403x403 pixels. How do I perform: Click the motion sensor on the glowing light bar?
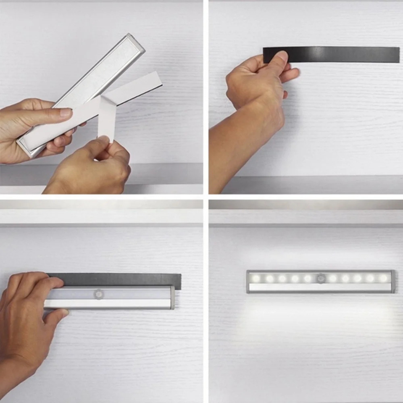320,278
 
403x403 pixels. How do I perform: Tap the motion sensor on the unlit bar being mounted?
98,294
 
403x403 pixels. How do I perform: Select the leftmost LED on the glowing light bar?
256,278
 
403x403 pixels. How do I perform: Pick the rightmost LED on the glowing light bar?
383,278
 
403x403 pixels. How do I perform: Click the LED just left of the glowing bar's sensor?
308,278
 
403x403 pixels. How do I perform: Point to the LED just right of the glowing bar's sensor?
333,278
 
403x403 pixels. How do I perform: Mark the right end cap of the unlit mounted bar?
172,297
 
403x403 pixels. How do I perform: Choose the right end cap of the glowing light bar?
392,281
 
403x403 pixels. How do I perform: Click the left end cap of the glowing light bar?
248,281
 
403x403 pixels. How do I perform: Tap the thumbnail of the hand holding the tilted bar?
66,112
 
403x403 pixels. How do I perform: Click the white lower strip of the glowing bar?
320,287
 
